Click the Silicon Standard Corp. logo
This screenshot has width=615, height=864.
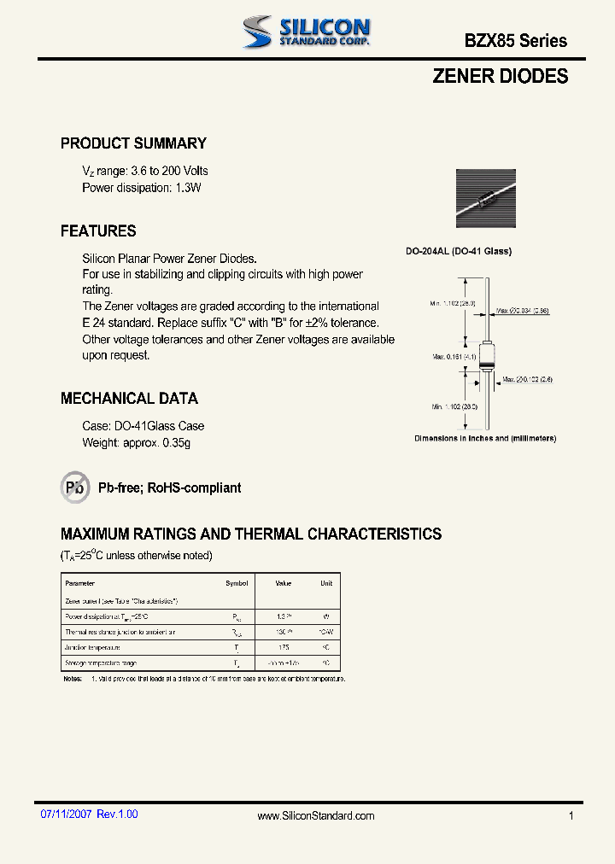tap(305, 32)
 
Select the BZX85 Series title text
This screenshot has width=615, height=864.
tap(515, 40)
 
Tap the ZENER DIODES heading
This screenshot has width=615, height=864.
tap(500, 76)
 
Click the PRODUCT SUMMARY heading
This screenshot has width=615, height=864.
tap(133, 143)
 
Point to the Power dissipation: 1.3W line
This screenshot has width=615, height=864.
tap(141, 187)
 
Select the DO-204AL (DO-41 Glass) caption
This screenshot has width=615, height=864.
tap(458, 251)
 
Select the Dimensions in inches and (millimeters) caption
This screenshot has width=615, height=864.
tap(485, 438)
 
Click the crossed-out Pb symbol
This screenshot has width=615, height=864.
tap(75, 487)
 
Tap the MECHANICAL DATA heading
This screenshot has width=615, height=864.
tap(129, 398)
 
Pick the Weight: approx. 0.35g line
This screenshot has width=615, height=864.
tap(136, 442)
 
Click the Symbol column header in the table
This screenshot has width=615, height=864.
tap(237, 583)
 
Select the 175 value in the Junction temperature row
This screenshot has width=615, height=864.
tap(283, 648)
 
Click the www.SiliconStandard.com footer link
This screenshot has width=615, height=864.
tap(316, 816)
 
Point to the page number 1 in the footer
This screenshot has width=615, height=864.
tap(571, 816)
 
